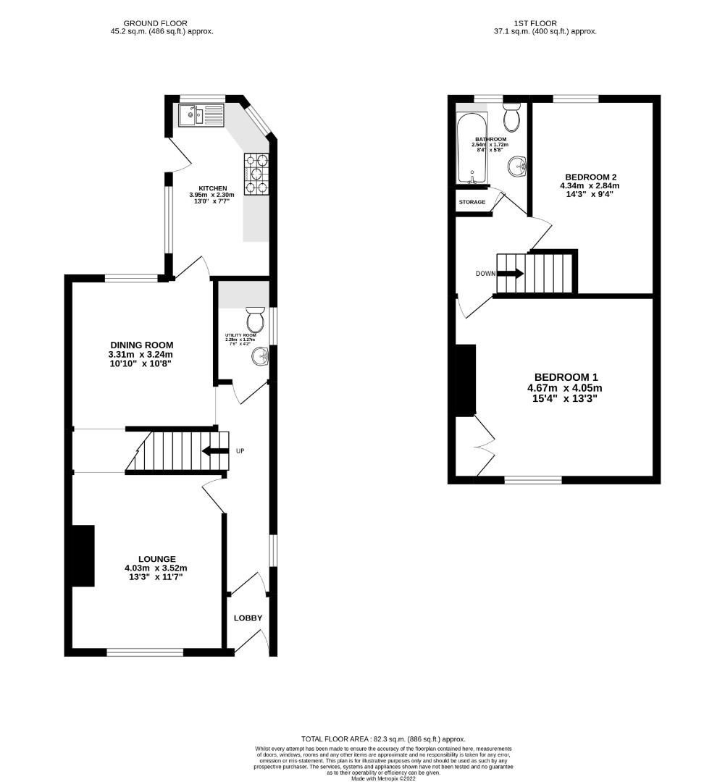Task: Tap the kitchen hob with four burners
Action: [x=256, y=174]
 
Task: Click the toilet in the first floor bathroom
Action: [x=512, y=116]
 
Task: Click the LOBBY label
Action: [x=248, y=618]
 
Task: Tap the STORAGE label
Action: [x=472, y=202]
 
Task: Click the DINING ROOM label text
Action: [x=142, y=345]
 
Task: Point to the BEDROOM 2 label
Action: [x=590, y=177]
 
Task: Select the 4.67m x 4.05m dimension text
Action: [x=565, y=388]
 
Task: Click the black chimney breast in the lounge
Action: [x=83, y=556]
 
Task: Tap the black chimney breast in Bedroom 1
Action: [x=464, y=380]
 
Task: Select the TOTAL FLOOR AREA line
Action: [x=383, y=739]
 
